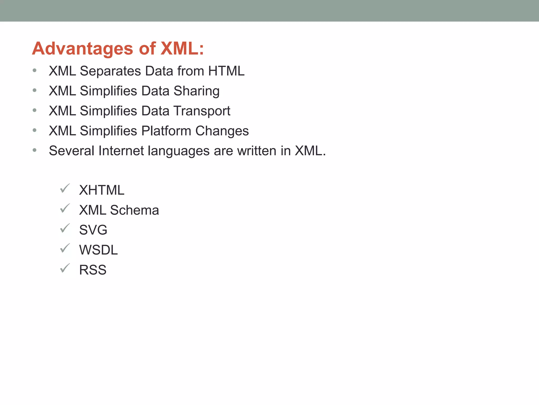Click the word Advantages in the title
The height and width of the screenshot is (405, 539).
point(83,49)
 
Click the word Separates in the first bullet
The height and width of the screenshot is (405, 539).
point(110,71)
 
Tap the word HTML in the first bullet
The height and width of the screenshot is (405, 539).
point(226,71)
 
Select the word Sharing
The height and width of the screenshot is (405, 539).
point(196,91)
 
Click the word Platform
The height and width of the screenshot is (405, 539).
point(166,131)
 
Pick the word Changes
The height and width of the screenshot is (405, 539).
point(222,131)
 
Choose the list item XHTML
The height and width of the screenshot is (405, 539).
point(102,190)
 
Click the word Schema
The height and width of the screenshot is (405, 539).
point(134,210)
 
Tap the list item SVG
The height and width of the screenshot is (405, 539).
point(93,230)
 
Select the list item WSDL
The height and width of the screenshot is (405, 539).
point(98,250)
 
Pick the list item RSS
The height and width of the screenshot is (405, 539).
point(93,270)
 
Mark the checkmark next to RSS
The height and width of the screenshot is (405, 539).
point(65,268)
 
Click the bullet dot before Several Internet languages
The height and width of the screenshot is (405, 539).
point(34,150)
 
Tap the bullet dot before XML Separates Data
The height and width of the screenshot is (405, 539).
point(34,70)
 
